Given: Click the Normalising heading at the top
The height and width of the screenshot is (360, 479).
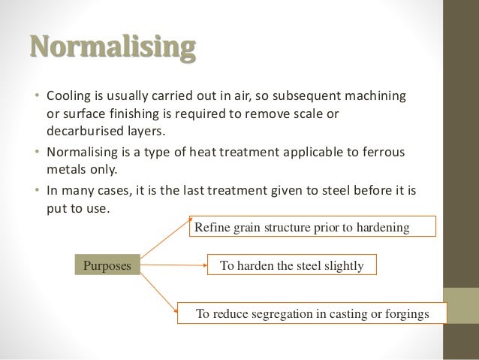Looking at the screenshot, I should pos(113,47).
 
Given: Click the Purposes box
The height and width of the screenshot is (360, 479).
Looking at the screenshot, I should pos(107,265).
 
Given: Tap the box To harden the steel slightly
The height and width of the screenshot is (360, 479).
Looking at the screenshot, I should pos(291,265).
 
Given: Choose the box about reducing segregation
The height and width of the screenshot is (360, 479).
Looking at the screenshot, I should pos(312,313).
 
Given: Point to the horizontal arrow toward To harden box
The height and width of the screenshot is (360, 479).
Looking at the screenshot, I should pos(173,265).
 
